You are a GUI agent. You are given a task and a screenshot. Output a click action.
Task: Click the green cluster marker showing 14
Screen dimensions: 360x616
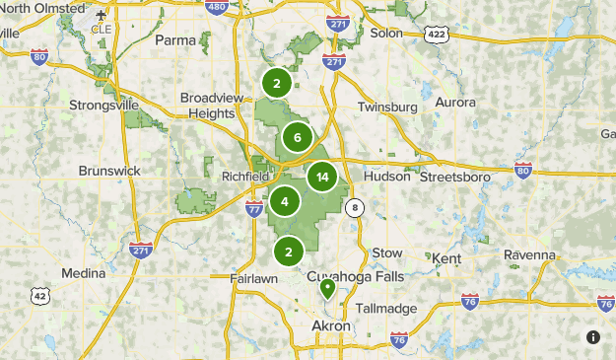[x=322, y=178]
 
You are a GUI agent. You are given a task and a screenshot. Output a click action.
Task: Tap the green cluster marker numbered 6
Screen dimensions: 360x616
[x=297, y=138]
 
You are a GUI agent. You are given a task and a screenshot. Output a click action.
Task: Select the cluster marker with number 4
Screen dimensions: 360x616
[x=285, y=202]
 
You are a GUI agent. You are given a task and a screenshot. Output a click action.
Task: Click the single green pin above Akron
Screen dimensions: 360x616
[x=327, y=289]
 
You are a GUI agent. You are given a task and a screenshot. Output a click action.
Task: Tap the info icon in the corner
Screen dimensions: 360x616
[x=593, y=336]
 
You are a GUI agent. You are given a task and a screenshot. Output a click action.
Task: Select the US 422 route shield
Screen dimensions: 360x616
[x=436, y=34]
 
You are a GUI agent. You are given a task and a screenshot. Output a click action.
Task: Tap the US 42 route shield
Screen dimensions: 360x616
[x=39, y=295]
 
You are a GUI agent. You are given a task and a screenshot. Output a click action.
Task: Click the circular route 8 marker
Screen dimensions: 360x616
[x=355, y=207]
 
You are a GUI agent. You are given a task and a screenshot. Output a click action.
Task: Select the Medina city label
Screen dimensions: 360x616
[x=83, y=273]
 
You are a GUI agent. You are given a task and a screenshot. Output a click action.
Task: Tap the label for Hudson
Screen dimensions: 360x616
[x=386, y=177]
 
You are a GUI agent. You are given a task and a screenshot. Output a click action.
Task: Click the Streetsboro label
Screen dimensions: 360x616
[x=455, y=178]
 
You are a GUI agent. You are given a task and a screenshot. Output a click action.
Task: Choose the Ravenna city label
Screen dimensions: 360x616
[x=530, y=254]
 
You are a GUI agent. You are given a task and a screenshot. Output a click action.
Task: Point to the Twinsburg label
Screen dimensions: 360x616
[x=388, y=107]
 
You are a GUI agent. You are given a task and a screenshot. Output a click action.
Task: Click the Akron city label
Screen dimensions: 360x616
[x=331, y=325]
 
